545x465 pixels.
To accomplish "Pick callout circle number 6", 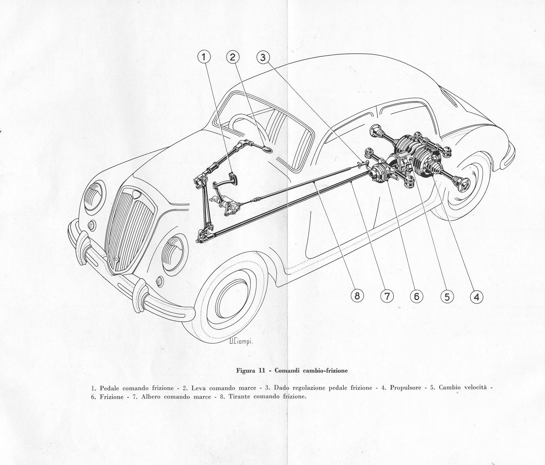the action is (416, 297).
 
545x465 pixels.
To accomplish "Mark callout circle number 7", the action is (387, 296).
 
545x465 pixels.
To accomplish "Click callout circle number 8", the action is (357, 296).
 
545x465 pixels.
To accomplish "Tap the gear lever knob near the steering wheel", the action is (267, 149).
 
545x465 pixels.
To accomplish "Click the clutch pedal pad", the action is (233, 177).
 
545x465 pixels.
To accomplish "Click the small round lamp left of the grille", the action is (91, 225).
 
